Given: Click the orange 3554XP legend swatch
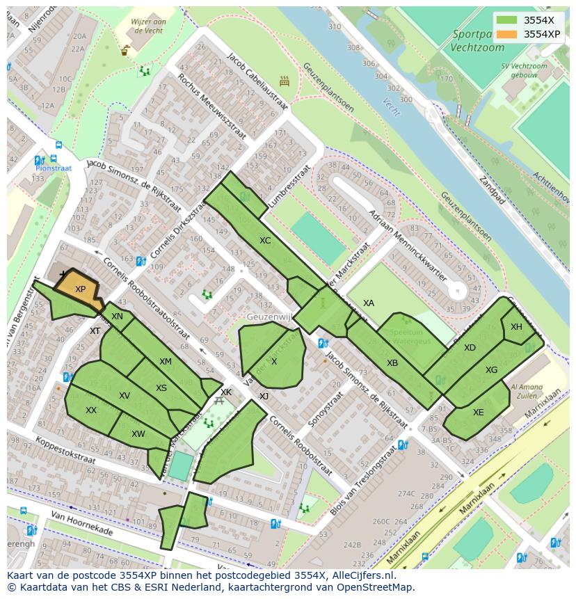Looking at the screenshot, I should coord(508,34).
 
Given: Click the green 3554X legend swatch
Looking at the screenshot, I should coord(508,20).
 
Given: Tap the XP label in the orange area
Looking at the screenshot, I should coord(80,289).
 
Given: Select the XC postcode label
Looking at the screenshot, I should coord(265,241).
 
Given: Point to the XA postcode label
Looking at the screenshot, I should coord(369,303).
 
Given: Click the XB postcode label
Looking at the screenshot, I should coord(392,363).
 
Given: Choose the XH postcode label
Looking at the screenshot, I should coord(516,327).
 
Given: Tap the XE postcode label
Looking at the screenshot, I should coord(479,413).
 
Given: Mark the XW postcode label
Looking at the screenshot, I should coord(138,434).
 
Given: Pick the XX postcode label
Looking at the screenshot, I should coord(91,410).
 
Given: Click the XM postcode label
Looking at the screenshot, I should coord(165,362).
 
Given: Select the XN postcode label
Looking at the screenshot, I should coord(117,317).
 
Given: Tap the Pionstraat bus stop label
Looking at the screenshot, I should coord(54,168).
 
